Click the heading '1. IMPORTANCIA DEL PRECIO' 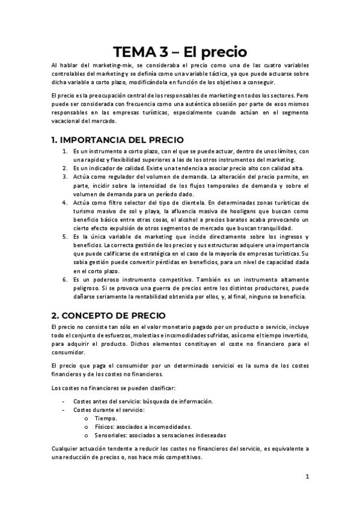tap(117, 140)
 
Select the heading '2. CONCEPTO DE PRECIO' tap(108, 316)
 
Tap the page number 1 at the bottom tap(307, 476)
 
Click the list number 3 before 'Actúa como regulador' tap(65, 177)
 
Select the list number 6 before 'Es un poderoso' tap(65, 280)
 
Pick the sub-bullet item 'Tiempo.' tap(107, 418)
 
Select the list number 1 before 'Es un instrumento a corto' tap(65, 152)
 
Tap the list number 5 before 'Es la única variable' tap(65, 237)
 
